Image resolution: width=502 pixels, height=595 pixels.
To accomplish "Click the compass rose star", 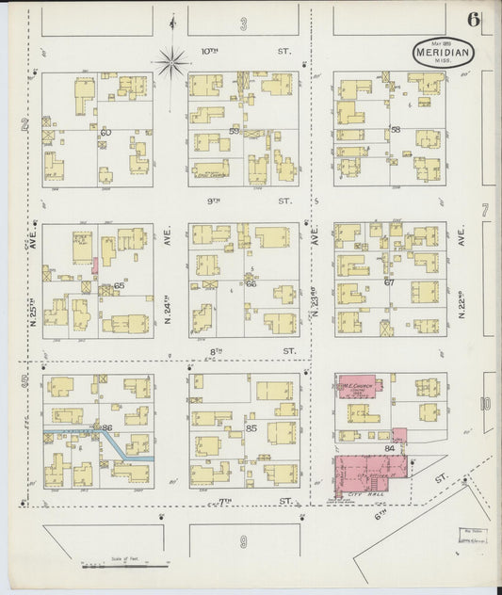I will (172, 63).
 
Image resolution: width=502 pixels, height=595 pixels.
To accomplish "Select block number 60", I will (105, 133).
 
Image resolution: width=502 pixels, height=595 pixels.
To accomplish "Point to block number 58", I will (396, 129).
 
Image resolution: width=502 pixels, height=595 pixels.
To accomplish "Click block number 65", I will (118, 285).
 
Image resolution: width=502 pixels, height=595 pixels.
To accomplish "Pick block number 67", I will (388, 281).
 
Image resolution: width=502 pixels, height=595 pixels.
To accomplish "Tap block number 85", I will (251, 429).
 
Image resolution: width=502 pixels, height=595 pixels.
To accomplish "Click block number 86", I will (106, 428).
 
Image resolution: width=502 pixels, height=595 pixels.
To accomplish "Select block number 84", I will (389, 448).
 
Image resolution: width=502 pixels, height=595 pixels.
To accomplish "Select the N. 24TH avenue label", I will (170, 278).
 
